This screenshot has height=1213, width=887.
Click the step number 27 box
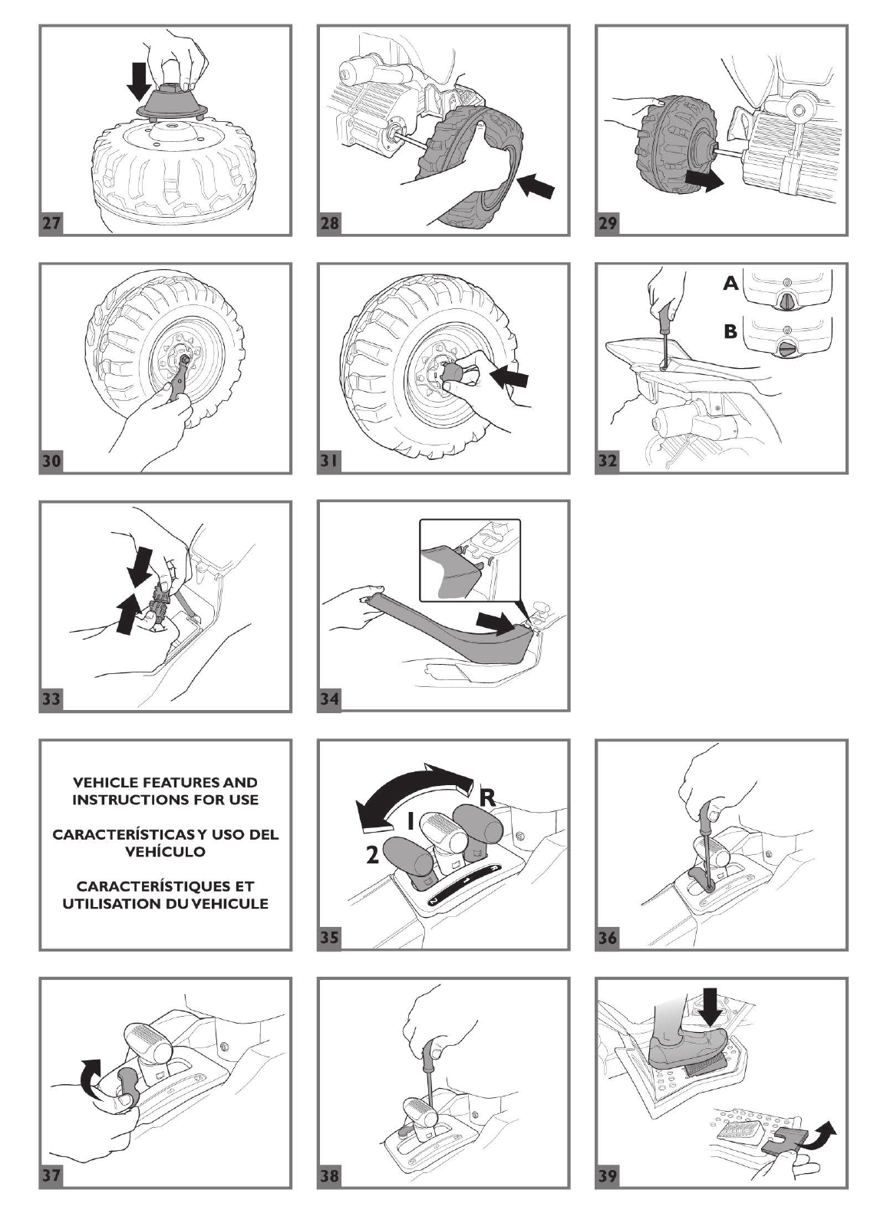[x=52, y=223]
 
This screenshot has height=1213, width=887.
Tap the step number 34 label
[x=330, y=699]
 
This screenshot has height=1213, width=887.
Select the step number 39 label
[x=608, y=1175]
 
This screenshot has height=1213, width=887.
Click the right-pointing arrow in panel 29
[x=704, y=181]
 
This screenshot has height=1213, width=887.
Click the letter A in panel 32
[x=730, y=284]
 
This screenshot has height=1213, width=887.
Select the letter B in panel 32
[x=730, y=332]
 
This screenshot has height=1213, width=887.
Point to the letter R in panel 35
[x=486, y=797]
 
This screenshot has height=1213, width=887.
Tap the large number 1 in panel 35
[x=411, y=821]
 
